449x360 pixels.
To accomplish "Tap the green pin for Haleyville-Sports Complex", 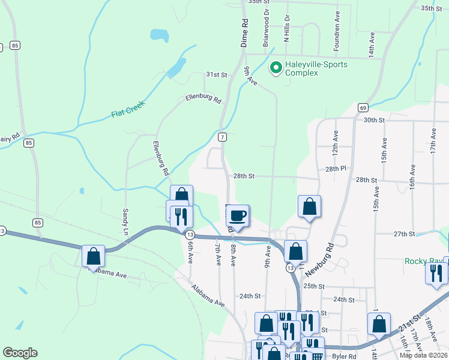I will pos(276,68).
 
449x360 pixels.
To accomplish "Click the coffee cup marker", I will pos(238,216).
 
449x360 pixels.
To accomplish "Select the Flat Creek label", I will pos(128,112).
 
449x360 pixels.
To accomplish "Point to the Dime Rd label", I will pos(244,33).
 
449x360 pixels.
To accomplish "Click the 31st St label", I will pos(217,75).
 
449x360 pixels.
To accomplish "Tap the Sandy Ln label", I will pos(126,221).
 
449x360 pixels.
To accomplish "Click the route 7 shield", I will pos(222,137).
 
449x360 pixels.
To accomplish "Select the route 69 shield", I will pos(363,107).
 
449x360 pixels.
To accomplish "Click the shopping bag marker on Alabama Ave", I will pos(94,256).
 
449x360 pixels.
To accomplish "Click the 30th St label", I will pos(373,120).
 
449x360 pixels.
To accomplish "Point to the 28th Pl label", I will pos(337,170).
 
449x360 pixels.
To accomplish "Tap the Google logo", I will pos(20,352).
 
